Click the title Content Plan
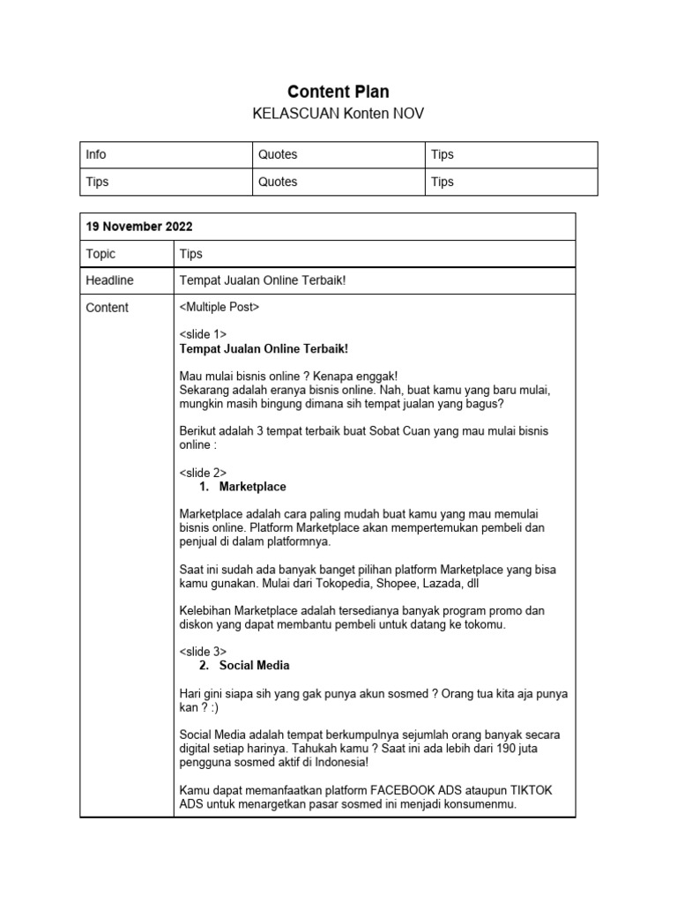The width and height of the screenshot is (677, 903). click(x=338, y=92)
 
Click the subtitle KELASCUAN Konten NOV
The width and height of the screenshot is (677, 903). click(x=338, y=115)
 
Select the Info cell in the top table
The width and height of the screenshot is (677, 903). click(x=96, y=154)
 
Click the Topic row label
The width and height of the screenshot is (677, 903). click(x=100, y=253)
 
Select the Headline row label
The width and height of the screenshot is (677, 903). click(x=109, y=280)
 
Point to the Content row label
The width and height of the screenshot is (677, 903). click(x=107, y=307)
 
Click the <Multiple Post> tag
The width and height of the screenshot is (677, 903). click(x=219, y=307)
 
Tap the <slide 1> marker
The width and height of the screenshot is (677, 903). click(x=203, y=335)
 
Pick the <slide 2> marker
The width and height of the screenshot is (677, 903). click(x=203, y=473)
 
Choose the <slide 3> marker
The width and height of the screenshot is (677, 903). click(x=203, y=651)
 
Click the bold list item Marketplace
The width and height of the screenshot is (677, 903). click(x=252, y=487)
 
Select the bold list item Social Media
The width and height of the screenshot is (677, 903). click(x=254, y=665)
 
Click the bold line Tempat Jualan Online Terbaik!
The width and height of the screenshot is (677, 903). click(x=264, y=349)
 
